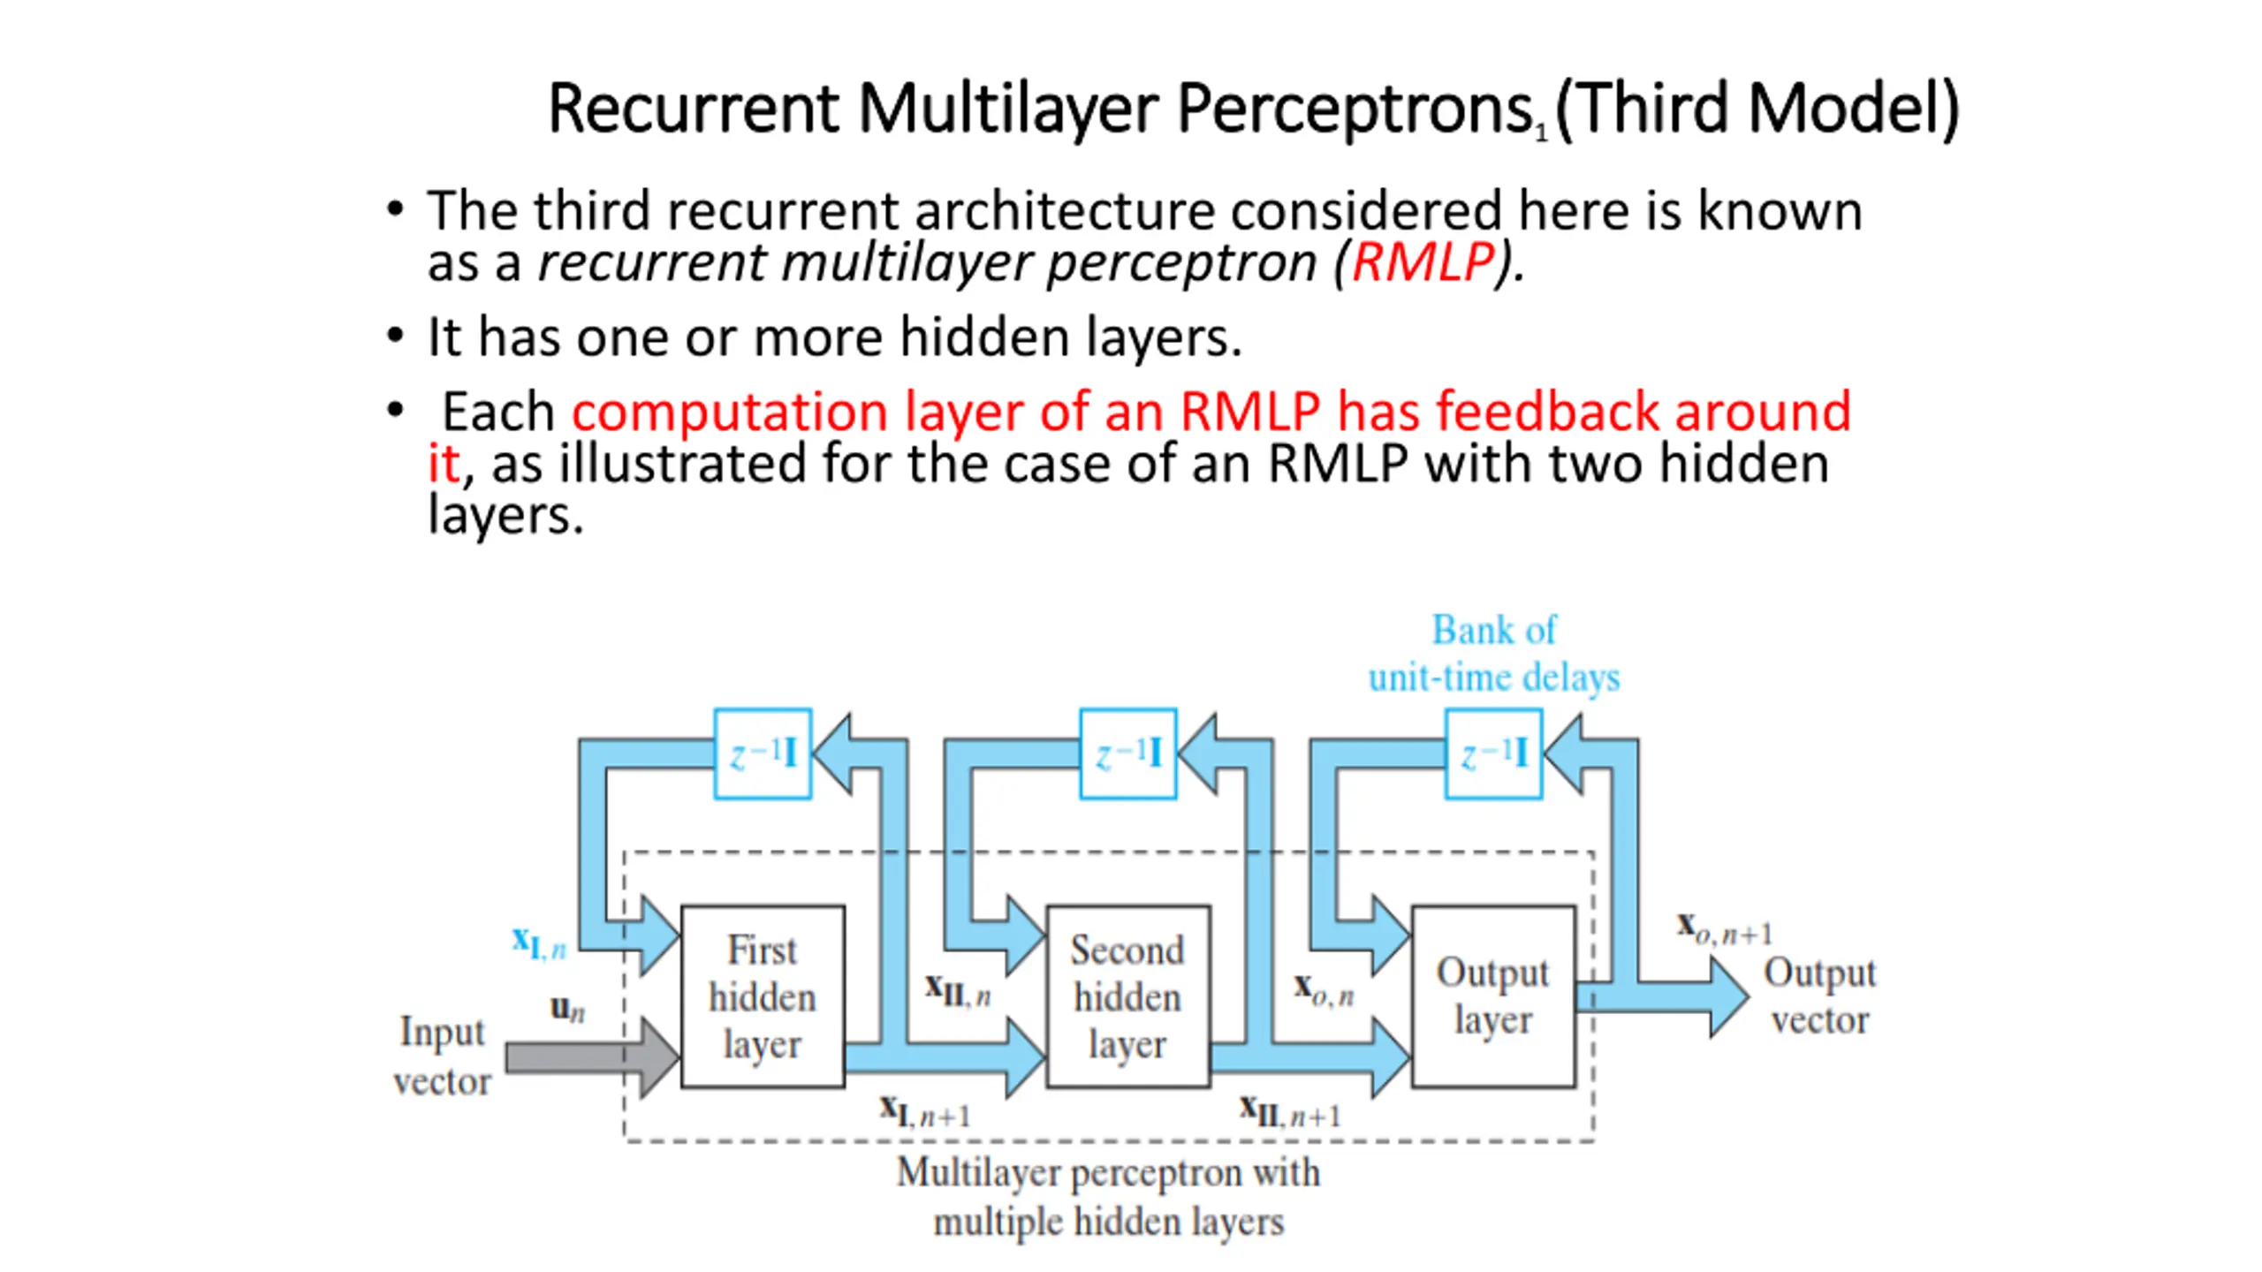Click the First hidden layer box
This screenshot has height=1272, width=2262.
click(763, 996)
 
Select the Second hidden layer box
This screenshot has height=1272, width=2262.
click(1127, 996)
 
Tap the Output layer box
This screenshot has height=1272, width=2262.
click(1493, 996)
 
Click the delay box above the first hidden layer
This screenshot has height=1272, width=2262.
click(763, 753)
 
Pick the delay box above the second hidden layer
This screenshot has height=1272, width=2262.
click(1128, 753)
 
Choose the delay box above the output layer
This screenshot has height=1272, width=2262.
click(1494, 753)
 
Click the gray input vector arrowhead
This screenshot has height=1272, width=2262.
click(659, 1057)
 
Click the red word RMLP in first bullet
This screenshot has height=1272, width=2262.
click(1423, 262)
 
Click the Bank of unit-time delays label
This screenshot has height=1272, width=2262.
click(1494, 654)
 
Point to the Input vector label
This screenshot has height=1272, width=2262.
click(442, 1056)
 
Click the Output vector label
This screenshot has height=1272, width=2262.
click(1820, 996)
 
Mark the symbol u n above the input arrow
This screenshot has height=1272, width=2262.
click(567, 1008)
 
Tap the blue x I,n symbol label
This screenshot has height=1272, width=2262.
click(539, 943)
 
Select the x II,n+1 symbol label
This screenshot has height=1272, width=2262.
click(1290, 1111)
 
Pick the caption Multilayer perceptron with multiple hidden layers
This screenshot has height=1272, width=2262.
click(1109, 1197)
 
